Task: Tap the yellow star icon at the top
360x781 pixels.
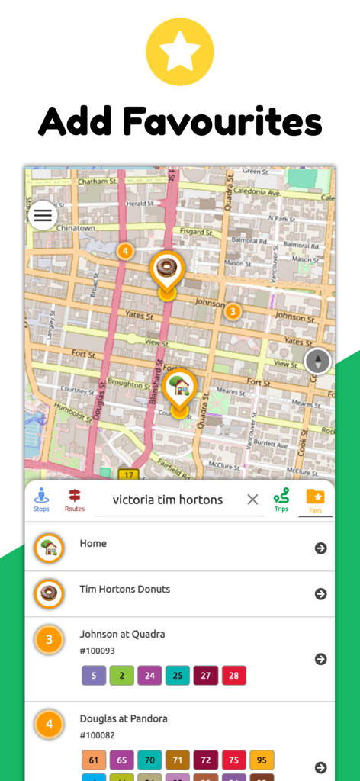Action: point(179,52)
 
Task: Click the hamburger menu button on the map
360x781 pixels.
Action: point(43,215)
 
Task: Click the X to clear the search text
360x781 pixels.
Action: point(252,500)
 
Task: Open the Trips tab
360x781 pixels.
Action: point(281,500)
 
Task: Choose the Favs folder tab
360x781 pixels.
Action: point(315,500)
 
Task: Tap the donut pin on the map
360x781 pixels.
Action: point(166,268)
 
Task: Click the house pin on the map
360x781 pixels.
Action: point(179,385)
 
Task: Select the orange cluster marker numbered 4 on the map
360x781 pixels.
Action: point(125,250)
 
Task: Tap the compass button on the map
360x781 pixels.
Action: point(318,361)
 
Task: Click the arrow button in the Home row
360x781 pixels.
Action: point(321,548)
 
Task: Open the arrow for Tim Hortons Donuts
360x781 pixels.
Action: point(321,593)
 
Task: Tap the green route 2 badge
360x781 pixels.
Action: point(121,675)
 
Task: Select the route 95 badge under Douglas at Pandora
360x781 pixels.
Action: point(262,760)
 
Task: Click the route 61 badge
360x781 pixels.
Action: point(93,760)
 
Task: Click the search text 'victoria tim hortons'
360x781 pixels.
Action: point(168,500)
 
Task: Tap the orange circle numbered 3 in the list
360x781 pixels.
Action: point(50,639)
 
